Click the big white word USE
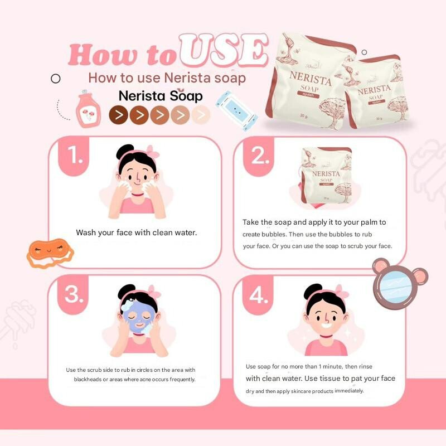coord(224,50)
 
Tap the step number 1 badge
coord(74,156)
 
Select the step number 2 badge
coord(259,156)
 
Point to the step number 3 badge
coord(73,295)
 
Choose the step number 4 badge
coord(258,295)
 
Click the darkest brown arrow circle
coord(118,115)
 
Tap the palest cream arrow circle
coord(201,115)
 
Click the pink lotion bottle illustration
coord(88,109)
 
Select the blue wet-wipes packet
coord(236,111)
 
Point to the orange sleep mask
coord(50,253)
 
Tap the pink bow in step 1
coord(153,152)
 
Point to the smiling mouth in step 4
coord(326,324)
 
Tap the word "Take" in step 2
coord(250,222)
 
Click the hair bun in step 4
coord(313,292)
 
